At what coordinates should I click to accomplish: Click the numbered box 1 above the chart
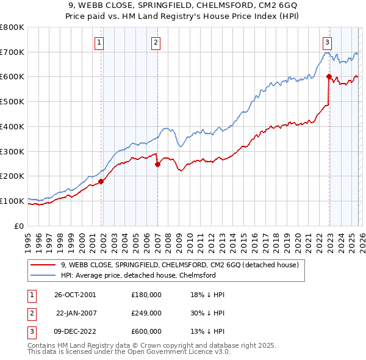pyautogui.click(x=99, y=42)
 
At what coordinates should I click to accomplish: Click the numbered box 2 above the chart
pyautogui.click(x=156, y=42)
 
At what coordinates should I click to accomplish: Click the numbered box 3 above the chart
pyautogui.click(x=328, y=42)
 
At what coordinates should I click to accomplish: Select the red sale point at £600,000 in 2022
pyautogui.click(x=329, y=77)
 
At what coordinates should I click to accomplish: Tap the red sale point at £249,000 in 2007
pyautogui.click(x=157, y=164)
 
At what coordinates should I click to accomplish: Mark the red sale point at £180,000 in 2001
pyautogui.click(x=101, y=181)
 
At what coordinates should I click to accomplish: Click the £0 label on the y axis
pyautogui.click(x=19, y=226)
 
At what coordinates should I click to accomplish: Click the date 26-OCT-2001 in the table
pyautogui.click(x=74, y=295)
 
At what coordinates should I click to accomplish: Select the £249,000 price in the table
pyautogui.click(x=146, y=313)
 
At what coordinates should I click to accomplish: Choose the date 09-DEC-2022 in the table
pyautogui.click(x=74, y=331)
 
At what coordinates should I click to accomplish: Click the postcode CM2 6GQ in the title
pyautogui.click(x=243, y=7)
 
